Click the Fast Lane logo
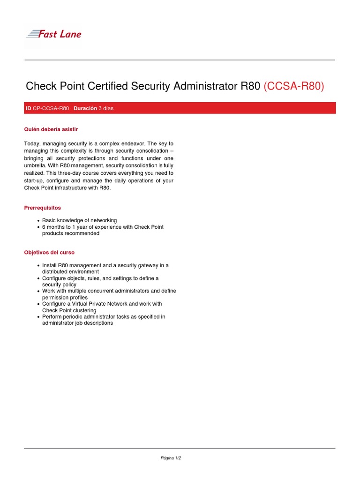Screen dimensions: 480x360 53,34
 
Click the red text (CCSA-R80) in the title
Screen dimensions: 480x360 294,86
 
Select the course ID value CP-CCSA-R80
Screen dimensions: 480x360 51,108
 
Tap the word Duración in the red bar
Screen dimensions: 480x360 85,108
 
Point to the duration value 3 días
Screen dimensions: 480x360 106,108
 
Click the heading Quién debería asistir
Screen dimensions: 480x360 51,129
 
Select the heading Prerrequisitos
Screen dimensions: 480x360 42,208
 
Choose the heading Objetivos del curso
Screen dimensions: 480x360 49,252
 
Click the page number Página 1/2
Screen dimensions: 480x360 171,458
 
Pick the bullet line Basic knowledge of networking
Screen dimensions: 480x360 79,220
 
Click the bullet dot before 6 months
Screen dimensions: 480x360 38,227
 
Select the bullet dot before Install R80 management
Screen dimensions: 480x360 38,266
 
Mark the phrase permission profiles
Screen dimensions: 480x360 65,298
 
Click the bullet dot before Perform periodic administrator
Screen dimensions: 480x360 38,317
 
